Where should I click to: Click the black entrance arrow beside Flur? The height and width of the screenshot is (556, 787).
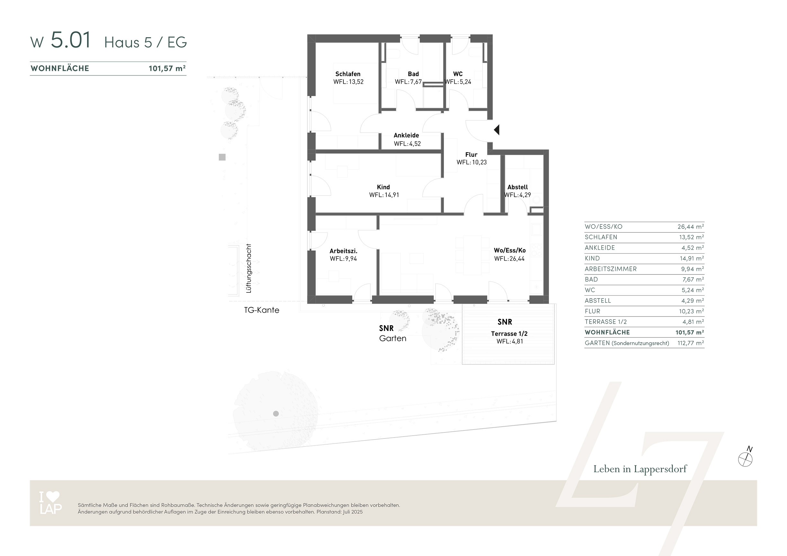pos(497,130)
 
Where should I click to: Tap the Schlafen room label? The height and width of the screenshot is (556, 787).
pos(348,74)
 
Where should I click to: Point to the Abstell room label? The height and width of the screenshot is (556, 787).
pos(517,187)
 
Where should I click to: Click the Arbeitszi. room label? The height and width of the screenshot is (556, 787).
pos(343,251)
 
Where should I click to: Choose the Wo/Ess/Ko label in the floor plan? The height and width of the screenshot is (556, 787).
pos(510,250)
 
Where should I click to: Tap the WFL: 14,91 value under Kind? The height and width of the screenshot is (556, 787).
pos(384,195)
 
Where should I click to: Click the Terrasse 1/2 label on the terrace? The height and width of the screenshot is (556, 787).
pos(509,334)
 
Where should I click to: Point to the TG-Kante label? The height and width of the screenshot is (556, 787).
pos(261,310)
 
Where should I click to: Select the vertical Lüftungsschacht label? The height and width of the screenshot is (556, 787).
pos(249,269)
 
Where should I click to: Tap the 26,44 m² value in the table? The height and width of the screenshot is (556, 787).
pos(691,227)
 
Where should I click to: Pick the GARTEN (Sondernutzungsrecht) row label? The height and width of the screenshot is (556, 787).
pos(627,343)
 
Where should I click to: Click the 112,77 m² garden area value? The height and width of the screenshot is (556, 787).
pos(691,343)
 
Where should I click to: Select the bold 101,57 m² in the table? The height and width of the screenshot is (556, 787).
pos(690,332)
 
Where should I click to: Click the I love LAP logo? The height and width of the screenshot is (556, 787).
pos(51,503)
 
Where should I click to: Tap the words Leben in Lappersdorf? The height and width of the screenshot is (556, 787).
pos(640,469)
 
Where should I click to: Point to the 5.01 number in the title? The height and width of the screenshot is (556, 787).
pos(71,40)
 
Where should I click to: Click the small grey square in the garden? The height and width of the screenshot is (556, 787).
pos(222,157)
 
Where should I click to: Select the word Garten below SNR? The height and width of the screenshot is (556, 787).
pos(393,338)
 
